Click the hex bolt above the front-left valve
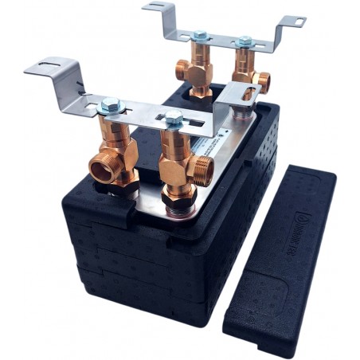110,104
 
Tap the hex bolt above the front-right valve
172,119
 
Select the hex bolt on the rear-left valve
199,36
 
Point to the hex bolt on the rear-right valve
244,40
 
